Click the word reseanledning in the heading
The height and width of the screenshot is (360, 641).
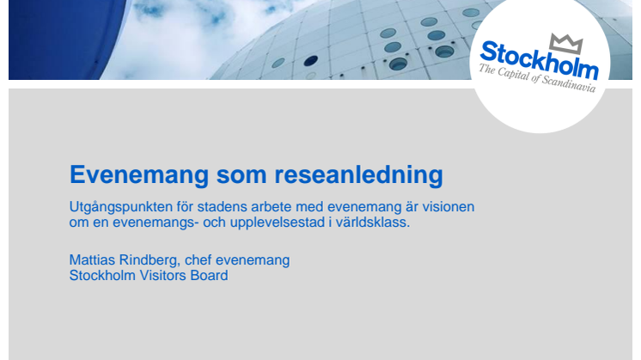coord(358,175)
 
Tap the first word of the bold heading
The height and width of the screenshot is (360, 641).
coord(139,175)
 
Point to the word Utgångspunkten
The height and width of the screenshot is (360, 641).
coord(120,207)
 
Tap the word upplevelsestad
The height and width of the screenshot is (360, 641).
coord(278,223)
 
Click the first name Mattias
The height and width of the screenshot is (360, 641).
coord(92,259)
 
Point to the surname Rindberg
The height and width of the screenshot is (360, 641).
coord(150,260)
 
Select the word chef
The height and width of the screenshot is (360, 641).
coord(198,259)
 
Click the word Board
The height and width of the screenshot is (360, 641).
coord(209,276)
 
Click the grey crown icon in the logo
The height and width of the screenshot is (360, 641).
coord(566,43)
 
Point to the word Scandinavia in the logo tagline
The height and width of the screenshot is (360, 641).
coord(569,83)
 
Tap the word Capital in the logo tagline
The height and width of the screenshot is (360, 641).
coord(514,75)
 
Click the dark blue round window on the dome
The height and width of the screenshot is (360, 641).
coord(311,61)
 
